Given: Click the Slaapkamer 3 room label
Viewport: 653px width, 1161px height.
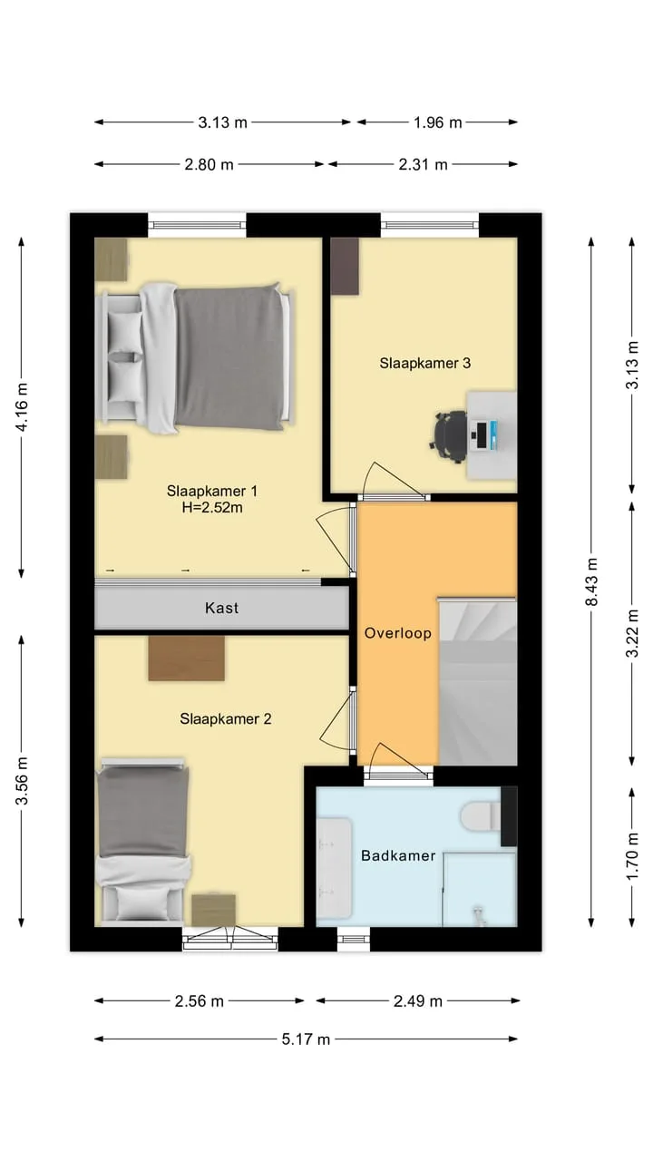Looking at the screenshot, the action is pos(425,363).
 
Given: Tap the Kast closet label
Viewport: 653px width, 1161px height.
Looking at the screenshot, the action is pos(222,608).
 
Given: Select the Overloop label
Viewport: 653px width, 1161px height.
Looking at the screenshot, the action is pos(398,633).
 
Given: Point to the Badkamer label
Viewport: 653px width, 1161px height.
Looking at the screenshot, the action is pos(398,855).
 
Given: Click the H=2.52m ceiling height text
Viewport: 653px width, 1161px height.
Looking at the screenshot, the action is pos(212,507).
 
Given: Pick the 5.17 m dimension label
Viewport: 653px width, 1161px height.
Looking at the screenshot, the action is pos(306,1039).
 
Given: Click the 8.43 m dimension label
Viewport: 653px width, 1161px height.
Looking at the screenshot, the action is pos(592,581).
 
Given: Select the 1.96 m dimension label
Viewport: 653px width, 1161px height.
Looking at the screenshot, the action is pos(437,122).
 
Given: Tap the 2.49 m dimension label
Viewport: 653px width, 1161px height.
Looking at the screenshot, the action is pos(418,1000).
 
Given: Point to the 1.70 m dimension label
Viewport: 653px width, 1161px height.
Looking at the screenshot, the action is pos(632,856).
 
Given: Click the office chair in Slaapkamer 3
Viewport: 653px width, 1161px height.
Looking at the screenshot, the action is pos(449,436).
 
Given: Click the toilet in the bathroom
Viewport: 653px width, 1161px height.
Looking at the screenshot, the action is pos(481,815).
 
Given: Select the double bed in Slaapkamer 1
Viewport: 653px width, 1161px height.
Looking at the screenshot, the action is pos(195,357).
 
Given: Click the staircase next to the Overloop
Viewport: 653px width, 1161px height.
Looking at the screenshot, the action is pos(478,681).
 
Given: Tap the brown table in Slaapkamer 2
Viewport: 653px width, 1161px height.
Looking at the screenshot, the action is pos(187,659).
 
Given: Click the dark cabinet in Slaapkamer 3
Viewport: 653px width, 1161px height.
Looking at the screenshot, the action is pos(345,267).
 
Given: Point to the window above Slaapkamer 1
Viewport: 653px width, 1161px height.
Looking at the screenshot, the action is pos(197,225).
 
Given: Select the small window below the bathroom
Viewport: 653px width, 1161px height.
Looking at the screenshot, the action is pos(354,939).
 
